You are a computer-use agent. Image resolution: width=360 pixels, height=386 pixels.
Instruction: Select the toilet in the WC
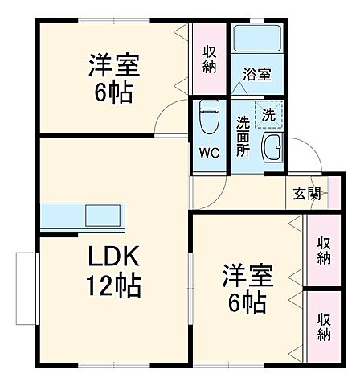point(208,118)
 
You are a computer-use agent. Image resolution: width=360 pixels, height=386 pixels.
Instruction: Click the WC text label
point(208,152)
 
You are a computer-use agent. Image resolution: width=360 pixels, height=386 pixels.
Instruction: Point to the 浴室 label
point(258,73)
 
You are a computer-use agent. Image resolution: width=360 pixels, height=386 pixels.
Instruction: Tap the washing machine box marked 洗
point(269,114)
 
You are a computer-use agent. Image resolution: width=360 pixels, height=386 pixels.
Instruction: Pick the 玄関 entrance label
point(305,194)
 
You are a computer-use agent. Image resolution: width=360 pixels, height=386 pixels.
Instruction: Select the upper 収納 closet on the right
point(323,251)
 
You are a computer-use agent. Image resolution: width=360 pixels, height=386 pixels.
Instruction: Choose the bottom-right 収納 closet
point(323,326)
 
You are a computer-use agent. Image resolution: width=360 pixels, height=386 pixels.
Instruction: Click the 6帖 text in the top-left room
point(110,90)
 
